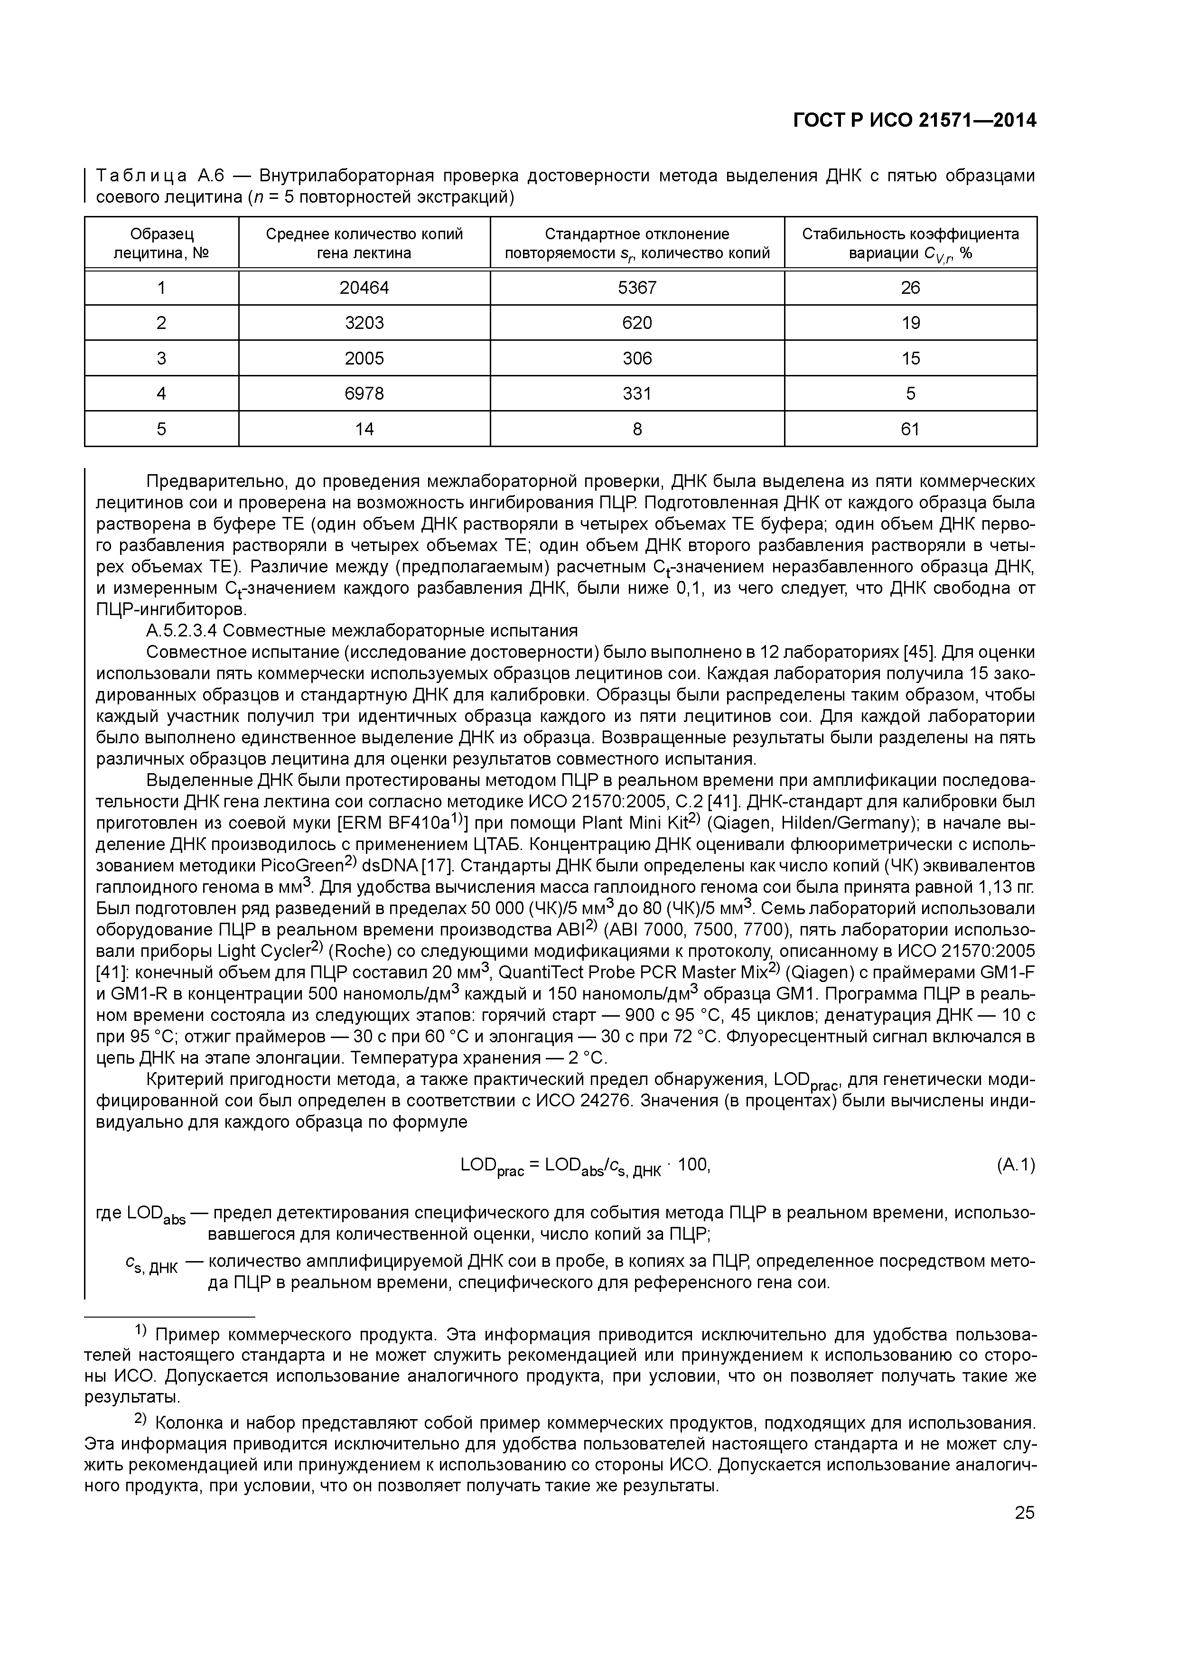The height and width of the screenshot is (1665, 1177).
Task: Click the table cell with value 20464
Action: (x=364, y=288)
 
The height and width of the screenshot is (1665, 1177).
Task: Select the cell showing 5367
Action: (x=637, y=288)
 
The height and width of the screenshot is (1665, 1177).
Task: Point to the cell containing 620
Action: (x=637, y=323)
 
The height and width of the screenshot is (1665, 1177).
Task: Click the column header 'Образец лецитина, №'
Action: (x=162, y=243)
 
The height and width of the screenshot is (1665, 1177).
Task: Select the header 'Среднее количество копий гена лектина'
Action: (x=364, y=243)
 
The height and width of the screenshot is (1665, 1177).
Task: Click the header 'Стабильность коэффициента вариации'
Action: (x=910, y=243)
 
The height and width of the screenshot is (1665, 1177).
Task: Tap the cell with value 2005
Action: (x=364, y=358)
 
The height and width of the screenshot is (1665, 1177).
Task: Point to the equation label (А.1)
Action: (x=1015, y=1165)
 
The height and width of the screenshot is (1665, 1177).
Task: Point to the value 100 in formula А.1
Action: (x=693, y=1165)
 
